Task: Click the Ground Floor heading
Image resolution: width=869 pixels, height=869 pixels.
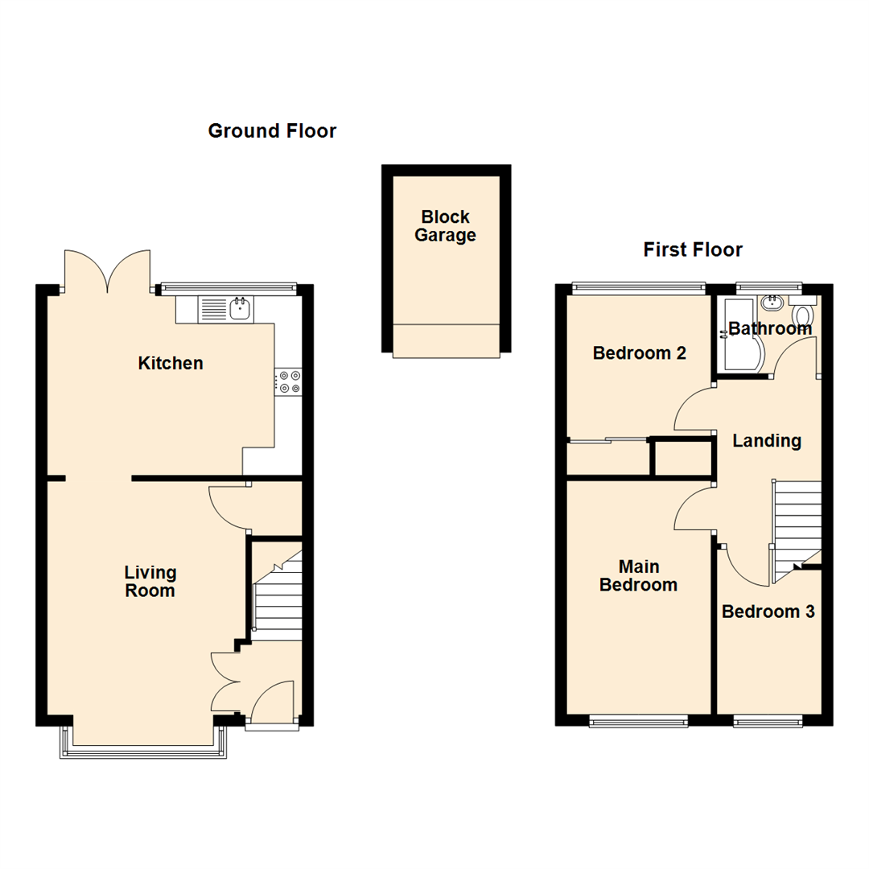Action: click(272, 131)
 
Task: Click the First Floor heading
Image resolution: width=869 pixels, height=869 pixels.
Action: click(692, 250)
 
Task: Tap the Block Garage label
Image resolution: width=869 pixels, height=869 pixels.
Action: click(445, 226)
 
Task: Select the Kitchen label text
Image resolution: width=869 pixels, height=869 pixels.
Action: click(171, 364)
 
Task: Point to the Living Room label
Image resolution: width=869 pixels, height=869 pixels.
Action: click(150, 582)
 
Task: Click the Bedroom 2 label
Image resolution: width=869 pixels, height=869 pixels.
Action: click(639, 352)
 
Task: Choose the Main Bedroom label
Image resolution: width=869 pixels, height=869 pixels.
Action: click(638, 575)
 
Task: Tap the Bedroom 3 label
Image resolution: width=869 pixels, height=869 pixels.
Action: click(768, 612)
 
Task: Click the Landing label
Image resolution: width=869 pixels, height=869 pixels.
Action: click(766, 441)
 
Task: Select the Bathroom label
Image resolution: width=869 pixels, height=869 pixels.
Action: click(769, 328)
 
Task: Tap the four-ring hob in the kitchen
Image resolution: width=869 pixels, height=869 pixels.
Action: click(288, 381)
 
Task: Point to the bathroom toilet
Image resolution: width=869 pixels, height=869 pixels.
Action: click(803, 312)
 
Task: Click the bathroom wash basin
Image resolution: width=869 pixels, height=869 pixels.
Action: click(773, 303)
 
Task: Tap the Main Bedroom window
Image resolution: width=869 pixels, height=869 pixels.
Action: click(638, 722)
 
